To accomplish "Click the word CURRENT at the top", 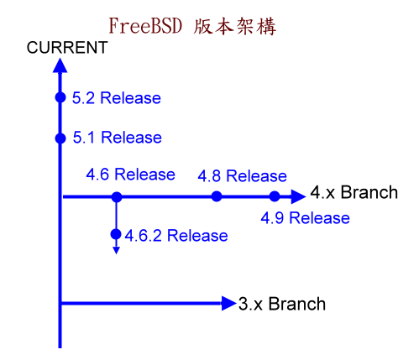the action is (x=67, y=47).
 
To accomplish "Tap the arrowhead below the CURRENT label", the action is (x=60, y=65).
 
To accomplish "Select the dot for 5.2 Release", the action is (x=60, y=97).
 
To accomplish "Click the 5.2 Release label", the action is (x=117, y=98).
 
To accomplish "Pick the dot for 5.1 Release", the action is (x=60, y=138).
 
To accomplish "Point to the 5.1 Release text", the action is (x=118, y=138).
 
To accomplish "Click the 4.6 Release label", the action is (x=130, y=175).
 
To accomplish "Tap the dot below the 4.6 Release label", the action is (x=117, y=197).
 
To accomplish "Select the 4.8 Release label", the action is (x=242, y=176).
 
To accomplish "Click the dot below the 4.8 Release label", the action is (x=217, y=196).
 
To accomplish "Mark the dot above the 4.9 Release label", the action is (x=275, y=196).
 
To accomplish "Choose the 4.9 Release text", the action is (x=305, y=218).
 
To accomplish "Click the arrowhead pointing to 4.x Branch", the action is (x=298, y=196).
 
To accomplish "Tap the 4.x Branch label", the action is (x=354, y=192).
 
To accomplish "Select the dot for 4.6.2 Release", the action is (x=116, y=234).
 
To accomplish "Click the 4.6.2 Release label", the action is (x=176, y=236).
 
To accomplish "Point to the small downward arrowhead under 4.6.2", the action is (x=116, y=250).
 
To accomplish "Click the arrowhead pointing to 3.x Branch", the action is (x=228, y=303).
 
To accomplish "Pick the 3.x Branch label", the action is (x=282, y=304).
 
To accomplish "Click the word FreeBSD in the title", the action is (x=145, y=26).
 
